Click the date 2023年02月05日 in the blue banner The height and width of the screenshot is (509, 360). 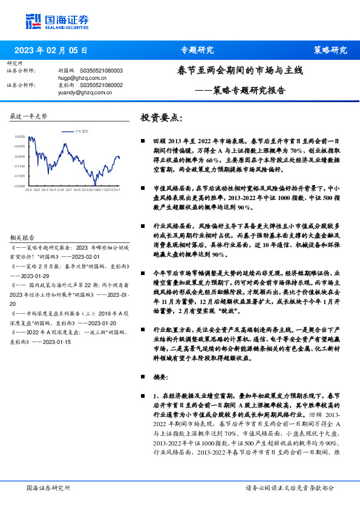[50, 50]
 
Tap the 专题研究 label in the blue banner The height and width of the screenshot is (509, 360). [197, 50]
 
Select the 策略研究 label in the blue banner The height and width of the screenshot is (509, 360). [330, 50]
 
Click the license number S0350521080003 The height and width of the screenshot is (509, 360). [101, 71]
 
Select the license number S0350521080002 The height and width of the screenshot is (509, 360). [101, 85]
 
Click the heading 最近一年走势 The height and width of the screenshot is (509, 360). [28, 115]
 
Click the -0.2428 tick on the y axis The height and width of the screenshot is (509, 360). [20, 186]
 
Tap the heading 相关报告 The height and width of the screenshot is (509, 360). [24, 238]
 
